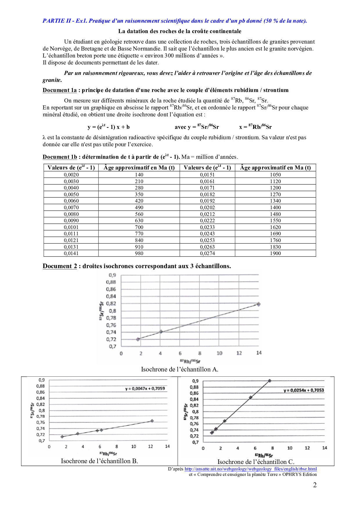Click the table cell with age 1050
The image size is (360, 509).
[275, 175]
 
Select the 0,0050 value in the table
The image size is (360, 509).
[71, 194]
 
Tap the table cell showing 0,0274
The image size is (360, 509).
[207, 253]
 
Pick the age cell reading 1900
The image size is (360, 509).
[275, 253]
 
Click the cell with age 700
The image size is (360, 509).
[139, 227]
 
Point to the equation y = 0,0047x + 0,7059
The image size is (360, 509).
[145, 389]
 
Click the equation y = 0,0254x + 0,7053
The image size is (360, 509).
[304, 390]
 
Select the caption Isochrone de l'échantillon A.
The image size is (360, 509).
[179, 369]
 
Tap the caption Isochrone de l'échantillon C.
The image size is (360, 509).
[256, 462]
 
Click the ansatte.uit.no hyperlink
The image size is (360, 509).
[251, 469]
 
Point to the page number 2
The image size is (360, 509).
[315, 485]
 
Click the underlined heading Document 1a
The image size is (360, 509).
[60, 90]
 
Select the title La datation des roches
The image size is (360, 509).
[180, 31]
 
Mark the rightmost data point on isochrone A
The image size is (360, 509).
[258, 304]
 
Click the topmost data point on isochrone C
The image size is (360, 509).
[270, 381]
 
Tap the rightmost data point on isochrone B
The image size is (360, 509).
[152, 421]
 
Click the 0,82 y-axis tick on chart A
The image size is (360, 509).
[111, 304]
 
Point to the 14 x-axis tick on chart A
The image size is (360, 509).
[259, 353]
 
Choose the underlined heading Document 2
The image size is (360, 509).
[60, 266]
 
